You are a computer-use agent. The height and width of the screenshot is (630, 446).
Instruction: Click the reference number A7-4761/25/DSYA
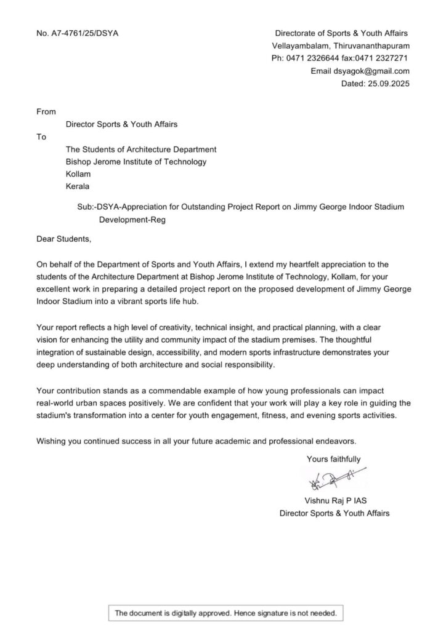click(78, 33)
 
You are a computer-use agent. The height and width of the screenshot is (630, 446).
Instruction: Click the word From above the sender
click(46, 111)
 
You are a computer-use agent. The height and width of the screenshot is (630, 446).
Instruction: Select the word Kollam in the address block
click(78, 174)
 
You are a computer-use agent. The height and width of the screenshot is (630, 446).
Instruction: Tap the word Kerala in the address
click(77, 186)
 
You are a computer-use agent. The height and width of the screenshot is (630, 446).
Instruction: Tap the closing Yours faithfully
click(334, 458)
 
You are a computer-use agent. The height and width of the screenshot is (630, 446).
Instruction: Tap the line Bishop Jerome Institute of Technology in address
click(136, 162)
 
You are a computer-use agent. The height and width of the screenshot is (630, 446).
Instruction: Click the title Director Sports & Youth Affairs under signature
click(334, 512)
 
